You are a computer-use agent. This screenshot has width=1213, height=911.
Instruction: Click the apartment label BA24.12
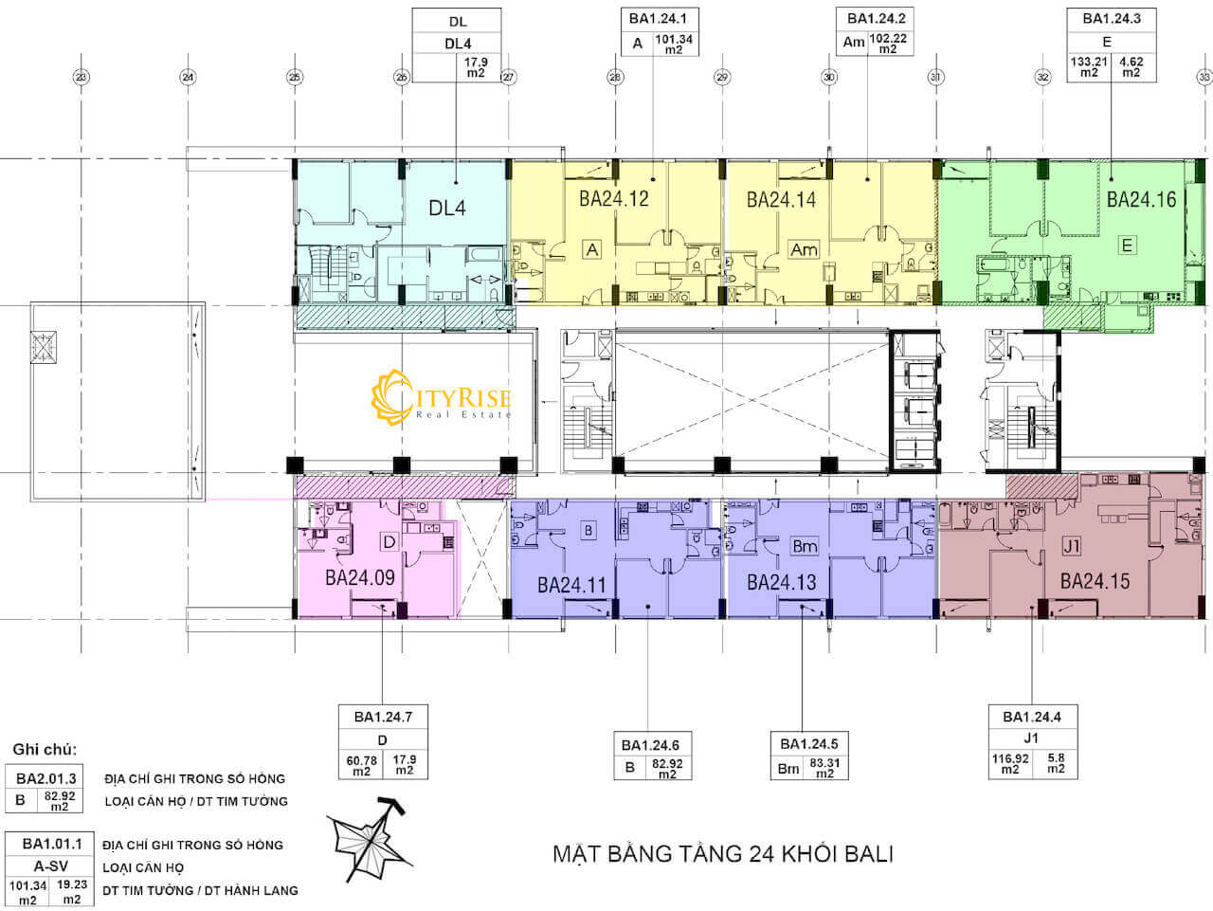pos(613,199)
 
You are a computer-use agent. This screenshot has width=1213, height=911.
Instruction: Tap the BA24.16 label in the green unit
pos(1141,199)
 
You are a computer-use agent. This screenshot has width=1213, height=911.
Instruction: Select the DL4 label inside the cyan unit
pos(447,207)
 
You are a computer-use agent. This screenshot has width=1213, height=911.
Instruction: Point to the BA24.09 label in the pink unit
pos(359,577)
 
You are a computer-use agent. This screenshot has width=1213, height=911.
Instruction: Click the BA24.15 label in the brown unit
pos(1095,581)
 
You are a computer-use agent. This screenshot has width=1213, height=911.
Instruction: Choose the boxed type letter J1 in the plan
pos(1072,547)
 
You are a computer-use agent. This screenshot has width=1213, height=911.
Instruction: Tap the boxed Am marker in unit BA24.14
pos(804,249)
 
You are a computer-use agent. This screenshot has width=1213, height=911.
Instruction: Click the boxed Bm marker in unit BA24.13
pos(805,547)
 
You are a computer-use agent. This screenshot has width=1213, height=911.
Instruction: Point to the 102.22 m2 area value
pos(887,44)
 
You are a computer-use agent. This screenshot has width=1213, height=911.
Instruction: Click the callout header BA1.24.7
pos(383,717)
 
